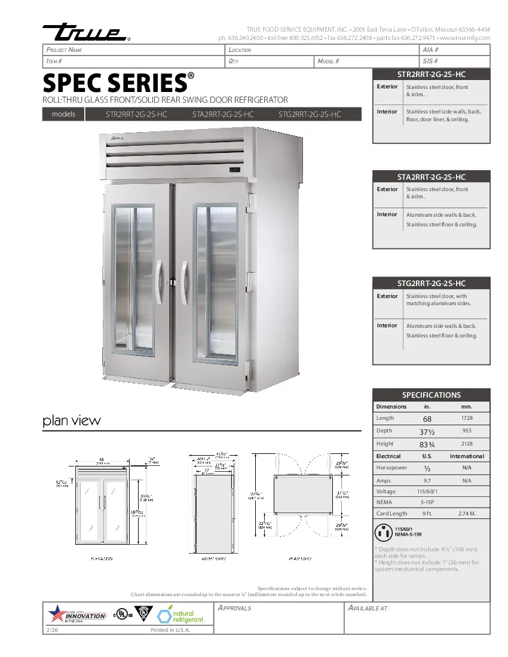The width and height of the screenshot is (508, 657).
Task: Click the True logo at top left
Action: point(84,33)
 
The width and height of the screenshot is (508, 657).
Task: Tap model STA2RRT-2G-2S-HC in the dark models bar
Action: point(223,114)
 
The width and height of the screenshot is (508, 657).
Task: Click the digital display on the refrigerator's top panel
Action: point(234,171)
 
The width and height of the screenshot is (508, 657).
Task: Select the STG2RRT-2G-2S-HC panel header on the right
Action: point(431,283)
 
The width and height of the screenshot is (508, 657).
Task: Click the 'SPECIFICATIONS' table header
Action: point(431,395)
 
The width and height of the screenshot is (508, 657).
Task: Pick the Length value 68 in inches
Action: point(427,419)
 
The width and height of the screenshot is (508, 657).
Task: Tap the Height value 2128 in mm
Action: point(467,444)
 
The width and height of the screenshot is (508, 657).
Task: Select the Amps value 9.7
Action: point(427,480)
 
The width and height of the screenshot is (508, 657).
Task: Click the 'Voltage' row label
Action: point(385,492)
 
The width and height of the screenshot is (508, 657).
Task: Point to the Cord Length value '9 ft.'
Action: point(427,514)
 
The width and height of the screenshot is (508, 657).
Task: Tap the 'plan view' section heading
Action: point(72,420)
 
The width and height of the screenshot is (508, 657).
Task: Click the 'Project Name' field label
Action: point(64,50)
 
